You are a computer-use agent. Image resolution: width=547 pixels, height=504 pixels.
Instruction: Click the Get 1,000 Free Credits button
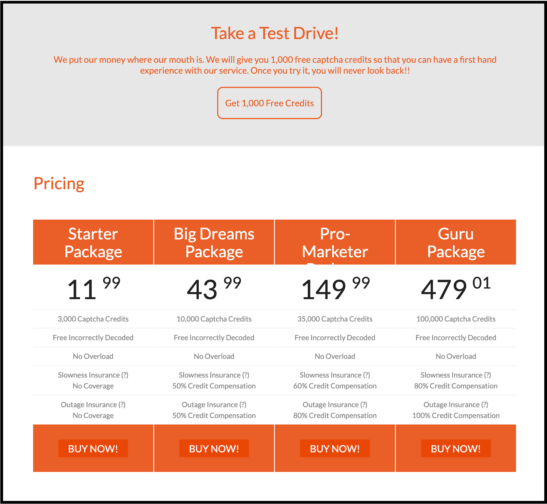pos(269,103)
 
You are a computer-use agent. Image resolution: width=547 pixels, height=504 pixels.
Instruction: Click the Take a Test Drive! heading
pos(275,34)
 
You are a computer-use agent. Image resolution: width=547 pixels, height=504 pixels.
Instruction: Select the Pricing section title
pos(59,184)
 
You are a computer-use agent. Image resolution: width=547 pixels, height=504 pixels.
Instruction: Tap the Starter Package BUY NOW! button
pos(93,449)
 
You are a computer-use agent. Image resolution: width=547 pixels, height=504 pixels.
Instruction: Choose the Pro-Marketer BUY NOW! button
pos(335,449)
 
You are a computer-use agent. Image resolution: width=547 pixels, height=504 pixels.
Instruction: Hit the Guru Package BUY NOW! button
pos(456,449)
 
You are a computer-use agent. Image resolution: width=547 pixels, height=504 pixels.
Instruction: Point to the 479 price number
pos(444,290)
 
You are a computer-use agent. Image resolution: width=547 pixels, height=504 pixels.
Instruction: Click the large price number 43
pos(202,290)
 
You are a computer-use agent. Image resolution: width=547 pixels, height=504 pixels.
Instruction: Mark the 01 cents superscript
pos(481,283)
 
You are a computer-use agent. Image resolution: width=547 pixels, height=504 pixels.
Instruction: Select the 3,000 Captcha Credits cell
pos(93,319)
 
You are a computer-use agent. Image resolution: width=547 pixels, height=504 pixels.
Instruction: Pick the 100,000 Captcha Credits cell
pos(456,319)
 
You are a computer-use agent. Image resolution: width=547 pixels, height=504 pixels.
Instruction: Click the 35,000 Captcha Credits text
pos(335,319)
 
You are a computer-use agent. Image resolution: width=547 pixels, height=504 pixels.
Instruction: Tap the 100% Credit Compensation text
pos(456,415)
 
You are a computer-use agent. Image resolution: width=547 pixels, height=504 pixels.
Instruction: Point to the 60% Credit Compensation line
pos(335,386)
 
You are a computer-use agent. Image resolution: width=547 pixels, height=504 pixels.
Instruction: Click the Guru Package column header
pos(456,243)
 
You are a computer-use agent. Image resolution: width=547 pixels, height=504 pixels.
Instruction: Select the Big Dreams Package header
pos(214,243)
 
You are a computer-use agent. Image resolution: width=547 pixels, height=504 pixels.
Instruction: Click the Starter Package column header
pos(93,243)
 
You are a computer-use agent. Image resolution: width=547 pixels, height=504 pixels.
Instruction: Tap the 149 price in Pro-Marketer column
pos(324,290)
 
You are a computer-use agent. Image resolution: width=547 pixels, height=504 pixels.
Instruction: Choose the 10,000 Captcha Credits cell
pos(214,319)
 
